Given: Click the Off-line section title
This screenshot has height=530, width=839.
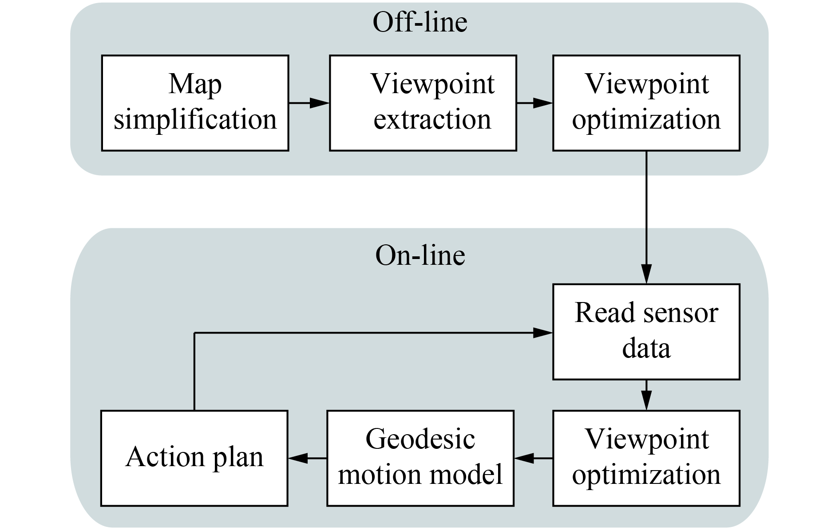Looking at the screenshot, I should [x=419, y=22].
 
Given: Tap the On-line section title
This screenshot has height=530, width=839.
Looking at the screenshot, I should [x=420, y=255].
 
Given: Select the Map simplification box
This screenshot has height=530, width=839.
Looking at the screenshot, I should [x=195, y=103].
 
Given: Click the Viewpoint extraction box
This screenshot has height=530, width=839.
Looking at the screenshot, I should [x=423, y=103].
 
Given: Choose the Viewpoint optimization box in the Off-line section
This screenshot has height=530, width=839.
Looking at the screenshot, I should [x=646, y=103].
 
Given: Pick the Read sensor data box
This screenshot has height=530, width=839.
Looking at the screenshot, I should [x=646, y=331].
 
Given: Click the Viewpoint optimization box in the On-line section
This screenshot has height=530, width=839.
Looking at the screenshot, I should [x=646, y=458].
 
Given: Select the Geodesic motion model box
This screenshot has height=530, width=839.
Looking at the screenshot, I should [x=420, y=458].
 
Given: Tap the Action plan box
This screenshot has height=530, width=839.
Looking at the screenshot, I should [x=194, y=458].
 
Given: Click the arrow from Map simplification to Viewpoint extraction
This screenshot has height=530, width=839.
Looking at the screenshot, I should [x=309, y=103].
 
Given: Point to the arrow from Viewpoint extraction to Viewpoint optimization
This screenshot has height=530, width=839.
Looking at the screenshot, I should [x=534, y=103].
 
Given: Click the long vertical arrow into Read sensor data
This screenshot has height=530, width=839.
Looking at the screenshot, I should [x=646, y=217].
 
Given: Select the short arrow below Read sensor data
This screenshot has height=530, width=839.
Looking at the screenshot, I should [x=646, y=395].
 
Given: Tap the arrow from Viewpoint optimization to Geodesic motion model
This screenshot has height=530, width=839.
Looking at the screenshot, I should [x=533, y=458].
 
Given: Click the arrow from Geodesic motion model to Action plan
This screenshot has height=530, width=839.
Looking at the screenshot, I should [x=307, y=458].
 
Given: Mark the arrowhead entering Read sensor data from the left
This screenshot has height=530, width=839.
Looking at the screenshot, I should [x=542, y=332].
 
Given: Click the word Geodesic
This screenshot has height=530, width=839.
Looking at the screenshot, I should [x=420, y=440].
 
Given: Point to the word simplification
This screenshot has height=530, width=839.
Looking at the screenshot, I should [x=195, y=120].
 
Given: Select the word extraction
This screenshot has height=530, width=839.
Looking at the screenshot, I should [x=432, y=120].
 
